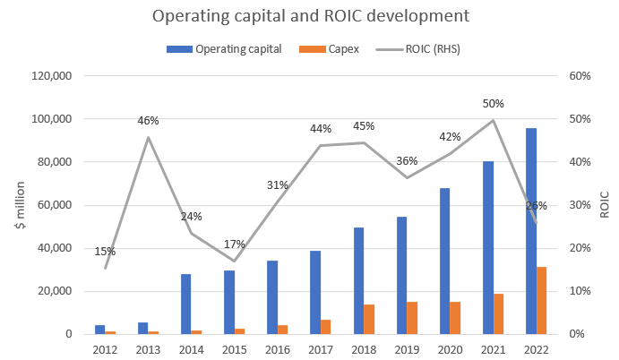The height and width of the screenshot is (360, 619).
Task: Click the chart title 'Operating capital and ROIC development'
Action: click(x=309, y=17)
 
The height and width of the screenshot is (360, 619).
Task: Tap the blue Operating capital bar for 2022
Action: click(x=531, y=231)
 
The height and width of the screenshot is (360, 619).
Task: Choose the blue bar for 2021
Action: click(x=488, y=247)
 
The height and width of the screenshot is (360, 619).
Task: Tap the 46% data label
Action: click(x=148, y=120)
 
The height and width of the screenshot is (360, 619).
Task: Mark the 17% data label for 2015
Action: click(x=234, y=244)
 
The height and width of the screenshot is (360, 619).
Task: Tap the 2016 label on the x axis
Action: click(x=278, y=348)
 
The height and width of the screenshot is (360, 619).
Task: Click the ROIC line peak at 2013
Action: click(x=149, y=137)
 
